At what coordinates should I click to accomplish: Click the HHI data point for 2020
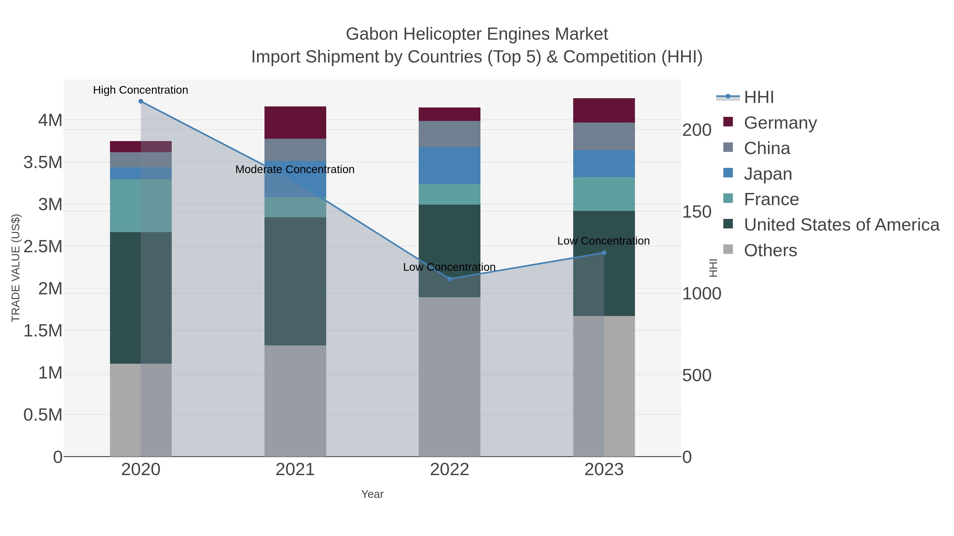(x=141, y=101)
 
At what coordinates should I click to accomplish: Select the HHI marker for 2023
(x=604, y=253)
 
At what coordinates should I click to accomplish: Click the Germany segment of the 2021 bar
(x=295, y=123)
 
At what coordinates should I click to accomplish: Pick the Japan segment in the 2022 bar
(x=450, y=165)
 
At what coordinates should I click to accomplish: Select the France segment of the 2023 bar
(x=604, y=194)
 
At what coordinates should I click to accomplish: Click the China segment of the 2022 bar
(x=450, y=134)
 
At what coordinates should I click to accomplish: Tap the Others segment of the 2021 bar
(x=295, y=401)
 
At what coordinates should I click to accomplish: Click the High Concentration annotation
(x=141, y=90)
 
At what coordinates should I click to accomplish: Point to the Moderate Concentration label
(x=295, y=169)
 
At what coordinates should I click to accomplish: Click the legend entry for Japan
(x=768, y=174)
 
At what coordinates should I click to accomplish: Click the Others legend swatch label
(x=770, y=250)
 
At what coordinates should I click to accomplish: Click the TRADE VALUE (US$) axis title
(x=16, y=268)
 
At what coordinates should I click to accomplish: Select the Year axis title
(x=372, y=494)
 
